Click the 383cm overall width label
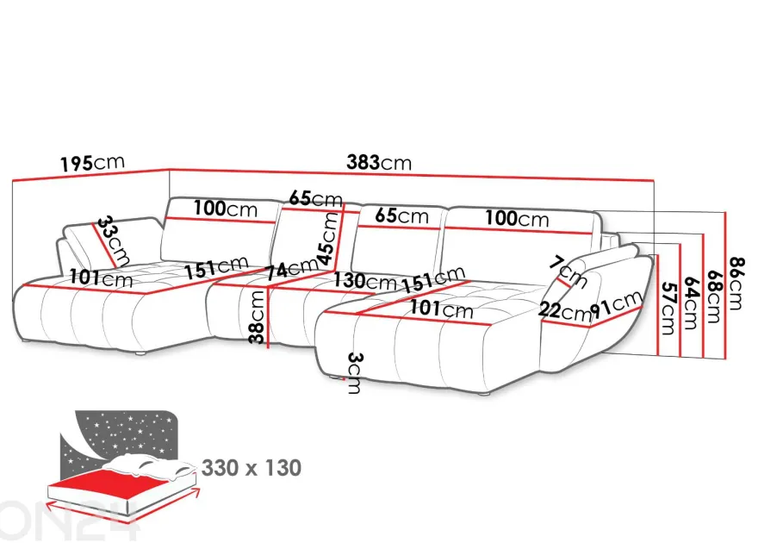coord(378,162)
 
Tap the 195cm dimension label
coord(92,163)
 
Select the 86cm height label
coord(737,284)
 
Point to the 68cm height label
coord(713,296)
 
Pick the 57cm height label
coord(668,308)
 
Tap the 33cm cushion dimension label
coord(113,240)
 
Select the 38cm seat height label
coord(257,317)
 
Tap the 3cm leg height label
coord(354,373)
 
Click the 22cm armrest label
coord(564,311)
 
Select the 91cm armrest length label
coord(617,306)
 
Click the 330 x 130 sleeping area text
coord(252,467)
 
